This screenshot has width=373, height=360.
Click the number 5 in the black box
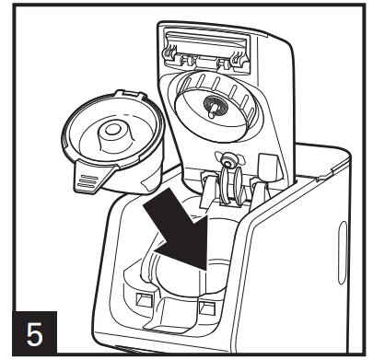34,334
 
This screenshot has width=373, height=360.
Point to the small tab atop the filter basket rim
131,94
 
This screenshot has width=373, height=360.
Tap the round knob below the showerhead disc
227,160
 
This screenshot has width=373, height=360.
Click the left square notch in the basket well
144,299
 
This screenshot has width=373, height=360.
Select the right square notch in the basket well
206,307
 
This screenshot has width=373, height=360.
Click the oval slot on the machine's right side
343,252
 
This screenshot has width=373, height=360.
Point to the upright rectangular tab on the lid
267,168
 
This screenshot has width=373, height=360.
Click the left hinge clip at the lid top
171,53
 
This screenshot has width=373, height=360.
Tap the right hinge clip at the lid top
239,57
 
